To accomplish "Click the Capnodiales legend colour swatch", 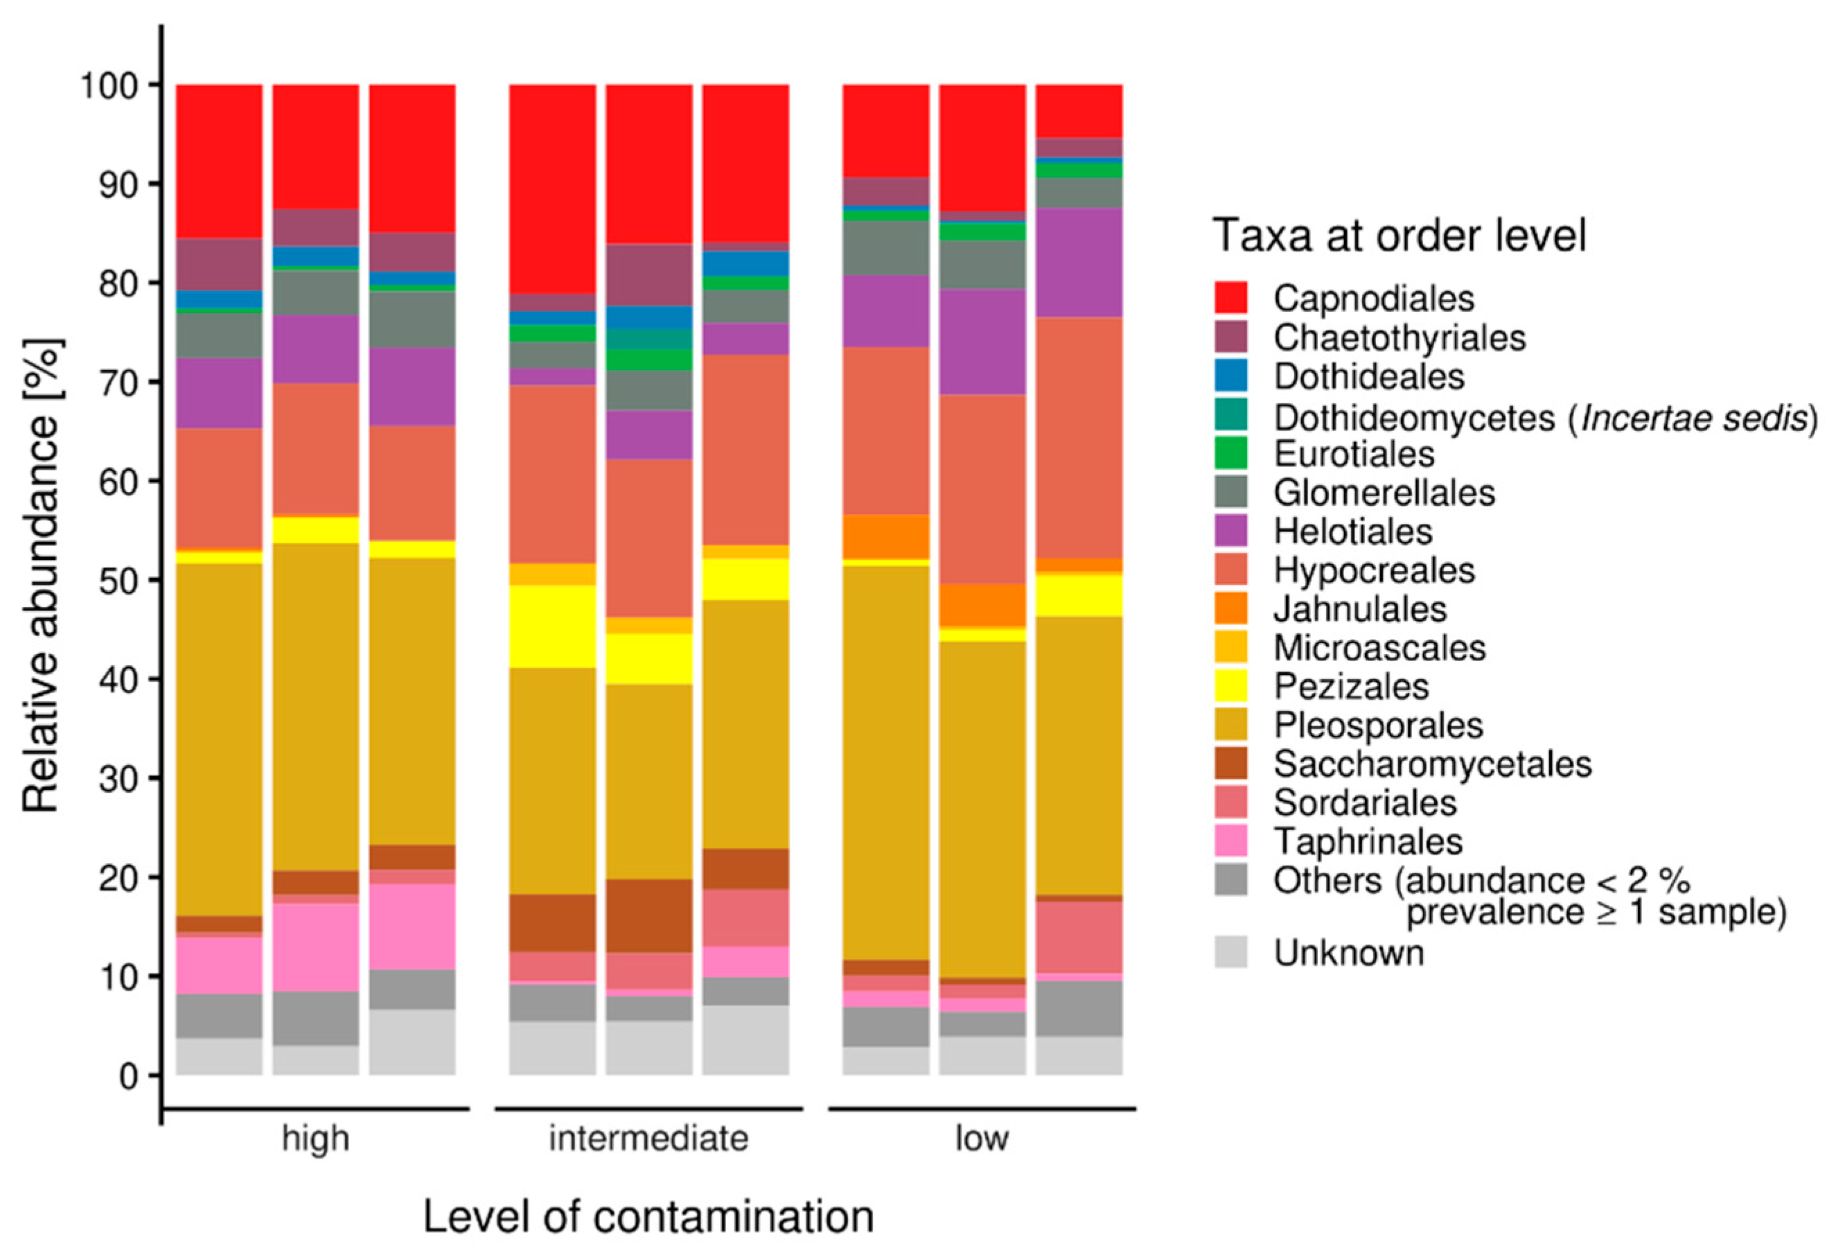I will [1230, 298].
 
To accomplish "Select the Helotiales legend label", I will [1353, 531].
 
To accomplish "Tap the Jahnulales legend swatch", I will [1230, 608].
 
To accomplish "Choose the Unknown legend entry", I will [1349, 953].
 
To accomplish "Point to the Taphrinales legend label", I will [1368, 842].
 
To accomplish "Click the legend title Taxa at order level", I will [1399, 236].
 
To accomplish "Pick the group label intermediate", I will [648, 1139].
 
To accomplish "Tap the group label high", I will [315, 1139].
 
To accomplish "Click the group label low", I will [981, 1139].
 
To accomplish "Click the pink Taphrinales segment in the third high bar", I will [412, 926].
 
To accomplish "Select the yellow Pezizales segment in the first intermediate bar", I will [553, 626].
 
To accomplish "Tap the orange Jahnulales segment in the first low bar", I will [886, 537].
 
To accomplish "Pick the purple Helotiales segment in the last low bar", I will [1079, 262].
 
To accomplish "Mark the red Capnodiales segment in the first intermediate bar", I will [553, 188].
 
